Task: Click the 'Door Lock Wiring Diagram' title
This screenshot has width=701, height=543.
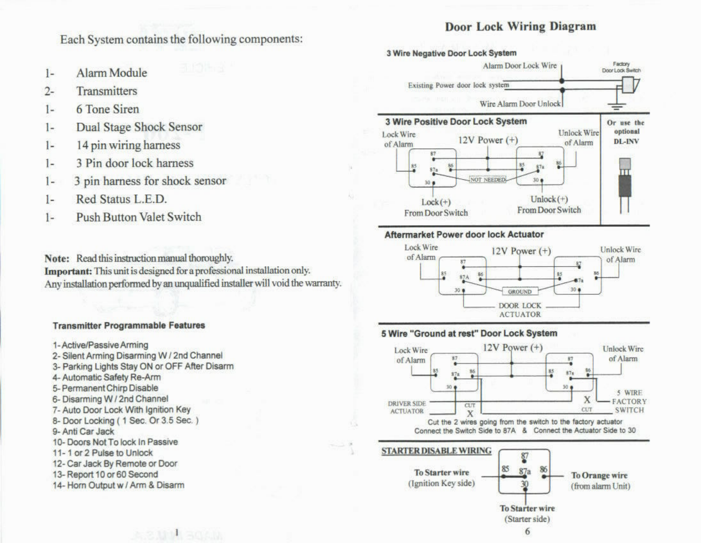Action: [520, 26]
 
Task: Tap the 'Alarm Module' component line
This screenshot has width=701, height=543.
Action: [111, 73]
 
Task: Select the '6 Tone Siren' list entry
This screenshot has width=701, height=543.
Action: [107, 109]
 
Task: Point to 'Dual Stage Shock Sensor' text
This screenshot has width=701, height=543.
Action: [139, 127]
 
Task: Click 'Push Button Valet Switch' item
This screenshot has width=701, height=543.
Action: [138, 217]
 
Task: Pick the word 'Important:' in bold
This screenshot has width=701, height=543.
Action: [68, 271]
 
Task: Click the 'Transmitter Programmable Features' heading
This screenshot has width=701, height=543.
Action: [129, 325]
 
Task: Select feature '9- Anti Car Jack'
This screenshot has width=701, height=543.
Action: [83, 431]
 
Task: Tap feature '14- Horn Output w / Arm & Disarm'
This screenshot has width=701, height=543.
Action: [118, 485]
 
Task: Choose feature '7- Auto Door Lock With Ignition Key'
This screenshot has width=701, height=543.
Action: [121, 410]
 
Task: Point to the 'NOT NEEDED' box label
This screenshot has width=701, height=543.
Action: [488, 179]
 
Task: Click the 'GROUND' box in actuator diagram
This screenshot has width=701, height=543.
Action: [519, 292]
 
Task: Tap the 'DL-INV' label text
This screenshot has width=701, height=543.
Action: [626, 141]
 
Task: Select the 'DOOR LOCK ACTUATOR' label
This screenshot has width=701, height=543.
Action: [520, 310]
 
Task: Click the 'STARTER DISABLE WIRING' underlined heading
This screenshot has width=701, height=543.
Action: [436, 451]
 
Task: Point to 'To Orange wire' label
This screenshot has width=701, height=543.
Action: [599, 476]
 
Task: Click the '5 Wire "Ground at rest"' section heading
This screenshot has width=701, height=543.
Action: [469, 333]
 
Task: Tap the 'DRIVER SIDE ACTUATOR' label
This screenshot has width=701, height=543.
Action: [407, 407]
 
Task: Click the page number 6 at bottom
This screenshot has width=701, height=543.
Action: [527, 531]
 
